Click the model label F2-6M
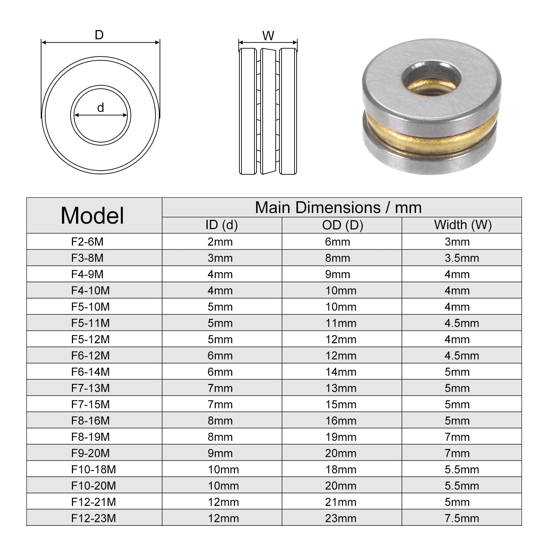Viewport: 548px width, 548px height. (87, 242)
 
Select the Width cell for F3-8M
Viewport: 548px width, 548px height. (462, 258)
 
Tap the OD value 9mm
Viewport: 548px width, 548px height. (338, 274)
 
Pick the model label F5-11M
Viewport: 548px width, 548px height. (90, 323)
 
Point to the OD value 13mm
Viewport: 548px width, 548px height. (341, 388)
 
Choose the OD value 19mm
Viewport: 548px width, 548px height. (341, 437)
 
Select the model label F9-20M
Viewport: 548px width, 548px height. (90, 453)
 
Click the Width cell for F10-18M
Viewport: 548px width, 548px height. (462, 470)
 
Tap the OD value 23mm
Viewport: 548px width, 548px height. (341, 518)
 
